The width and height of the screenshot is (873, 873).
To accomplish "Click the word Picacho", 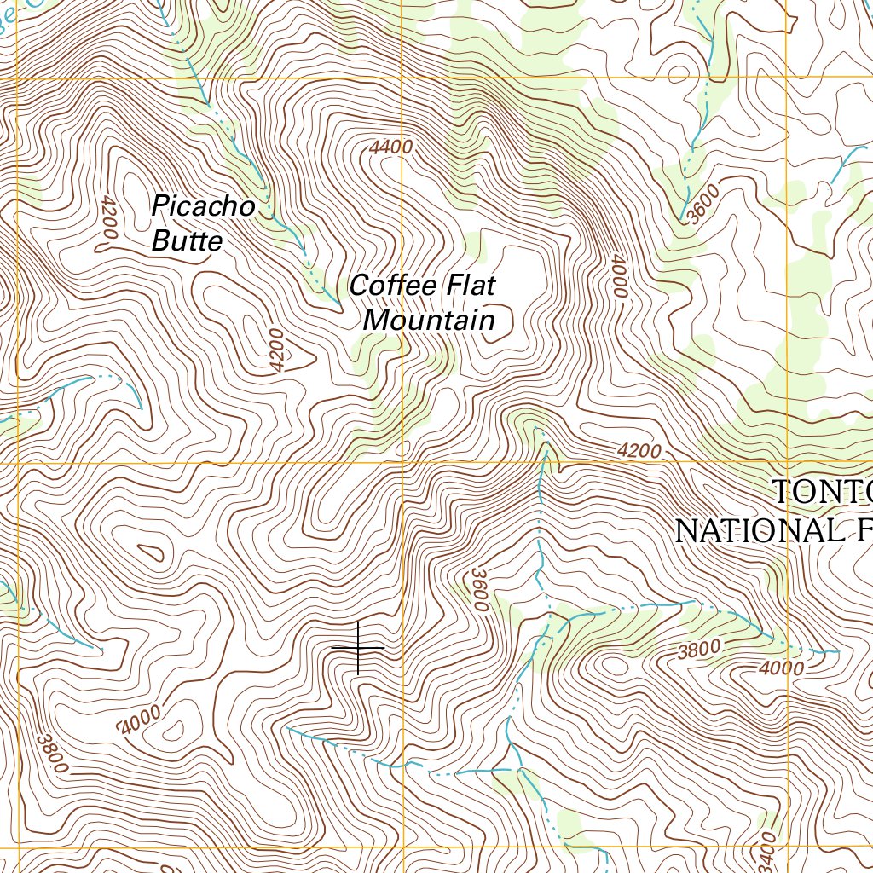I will [203, 206].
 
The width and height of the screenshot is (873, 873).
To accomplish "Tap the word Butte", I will [187, 241].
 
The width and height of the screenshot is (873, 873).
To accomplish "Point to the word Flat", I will [465, 286].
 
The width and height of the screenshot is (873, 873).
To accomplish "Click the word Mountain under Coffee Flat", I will [429, 321].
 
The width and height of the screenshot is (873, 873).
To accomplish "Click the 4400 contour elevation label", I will [391, 147].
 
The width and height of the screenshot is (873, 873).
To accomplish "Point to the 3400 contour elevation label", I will [768, 847].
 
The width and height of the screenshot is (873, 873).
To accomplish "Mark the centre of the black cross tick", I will [357, 649].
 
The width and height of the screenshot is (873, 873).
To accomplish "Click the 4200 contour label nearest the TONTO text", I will [638, 450].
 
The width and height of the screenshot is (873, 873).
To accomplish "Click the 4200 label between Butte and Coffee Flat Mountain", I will [276, 350].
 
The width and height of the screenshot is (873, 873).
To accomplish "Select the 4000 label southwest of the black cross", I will [141, 723].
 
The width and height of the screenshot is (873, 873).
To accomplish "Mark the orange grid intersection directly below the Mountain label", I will [403, 464].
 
